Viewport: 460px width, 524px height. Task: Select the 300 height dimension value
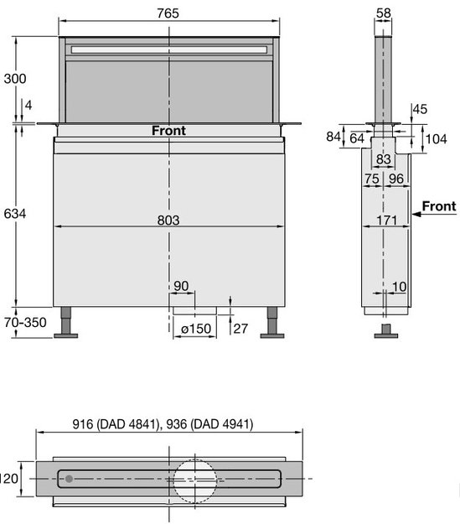click(x=15, y=79)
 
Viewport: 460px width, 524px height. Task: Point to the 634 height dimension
click(x=15, y=214)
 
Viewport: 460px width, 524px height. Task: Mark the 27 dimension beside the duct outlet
click(x=240, y=327)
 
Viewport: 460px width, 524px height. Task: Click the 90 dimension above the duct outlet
click(x=181, y=287)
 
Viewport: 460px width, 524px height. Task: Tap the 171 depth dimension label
click(x=386, y=220)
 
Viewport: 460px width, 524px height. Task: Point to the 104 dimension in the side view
click(x=437, y=138)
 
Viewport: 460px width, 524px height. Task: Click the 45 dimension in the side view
click(x=420, y=109)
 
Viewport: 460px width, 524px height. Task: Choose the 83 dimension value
click(x=384, y=158)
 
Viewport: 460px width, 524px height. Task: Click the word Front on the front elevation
click(x=168, y=130)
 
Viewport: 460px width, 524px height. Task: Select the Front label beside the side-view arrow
click(x=439, y=205)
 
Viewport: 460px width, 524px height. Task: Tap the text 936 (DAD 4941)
click(x=211, y=424)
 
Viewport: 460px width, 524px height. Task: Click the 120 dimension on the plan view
click(x=9, y=479)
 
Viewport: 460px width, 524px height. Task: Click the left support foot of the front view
click(x=65, y=336)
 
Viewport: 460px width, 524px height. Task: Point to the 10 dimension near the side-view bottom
click(x=399, y=287)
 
